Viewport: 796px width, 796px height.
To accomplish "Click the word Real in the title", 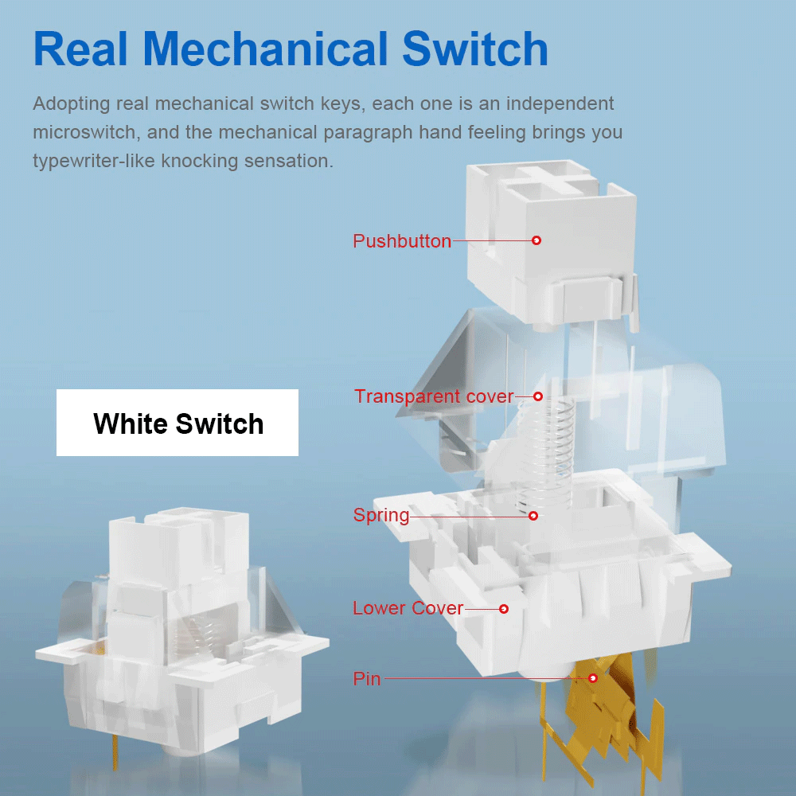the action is coord(80,49).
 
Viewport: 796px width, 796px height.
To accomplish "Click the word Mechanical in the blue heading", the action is coord(266,49).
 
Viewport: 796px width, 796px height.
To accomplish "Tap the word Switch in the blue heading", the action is coord(475,49).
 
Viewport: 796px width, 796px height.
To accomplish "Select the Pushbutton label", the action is coord(402,241).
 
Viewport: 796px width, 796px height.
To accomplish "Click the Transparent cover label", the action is coord(434,396).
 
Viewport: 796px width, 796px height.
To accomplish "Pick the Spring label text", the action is coord(381,516).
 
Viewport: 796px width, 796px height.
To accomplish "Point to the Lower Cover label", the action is coord(408,608).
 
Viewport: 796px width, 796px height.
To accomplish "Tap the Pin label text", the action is coord(366,679).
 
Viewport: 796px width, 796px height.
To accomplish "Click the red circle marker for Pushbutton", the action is coord(536,240).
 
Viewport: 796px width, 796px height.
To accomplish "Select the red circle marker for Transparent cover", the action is coord(538,396).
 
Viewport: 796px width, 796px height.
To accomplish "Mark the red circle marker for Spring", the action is coord(533,516).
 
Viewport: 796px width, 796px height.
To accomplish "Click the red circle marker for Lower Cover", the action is coord(504,609).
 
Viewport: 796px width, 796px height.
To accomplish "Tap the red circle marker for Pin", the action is coord(592,678).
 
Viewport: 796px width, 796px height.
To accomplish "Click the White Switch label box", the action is coord(178,423).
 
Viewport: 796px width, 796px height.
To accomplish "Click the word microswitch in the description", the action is coord(84,132).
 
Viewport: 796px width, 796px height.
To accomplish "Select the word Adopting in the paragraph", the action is coord(71,104).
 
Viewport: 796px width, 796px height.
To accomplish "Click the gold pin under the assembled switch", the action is coord(115,752).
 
